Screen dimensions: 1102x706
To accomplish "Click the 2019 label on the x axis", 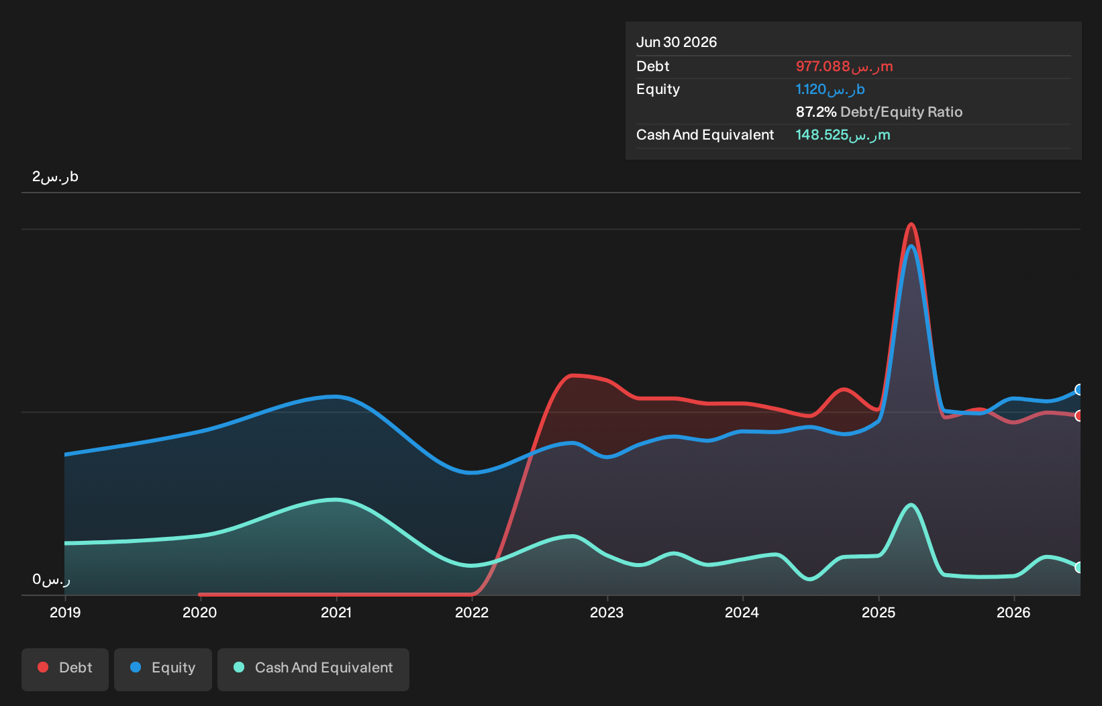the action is pyautogui.click(x=65, y=613).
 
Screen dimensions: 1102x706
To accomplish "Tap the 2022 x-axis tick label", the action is pyautogui.click(x=472, y=613).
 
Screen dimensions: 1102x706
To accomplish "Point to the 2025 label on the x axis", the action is pyautogui.click(x=879, y=613).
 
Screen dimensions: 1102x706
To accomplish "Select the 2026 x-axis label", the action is pyautogui.click(x=1013, y=613).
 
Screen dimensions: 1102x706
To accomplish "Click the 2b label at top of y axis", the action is pyautogui.click(x=55, y=176).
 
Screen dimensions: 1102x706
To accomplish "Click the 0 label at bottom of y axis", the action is pyautogui.click(x=51, y=580).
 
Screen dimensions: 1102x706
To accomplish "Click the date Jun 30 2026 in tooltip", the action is pyautogui.click(x=677, y=42).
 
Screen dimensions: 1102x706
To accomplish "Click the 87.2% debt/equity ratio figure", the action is pyautogui.click(x=815, y=112).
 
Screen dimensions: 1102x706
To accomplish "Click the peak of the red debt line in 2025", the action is pyautogui.click(x=911, y=224).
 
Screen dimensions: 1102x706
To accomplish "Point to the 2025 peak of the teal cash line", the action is pyautogui.click(x=911, y=505).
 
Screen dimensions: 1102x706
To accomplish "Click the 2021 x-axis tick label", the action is pyautogui.click(x=336, y=613).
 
